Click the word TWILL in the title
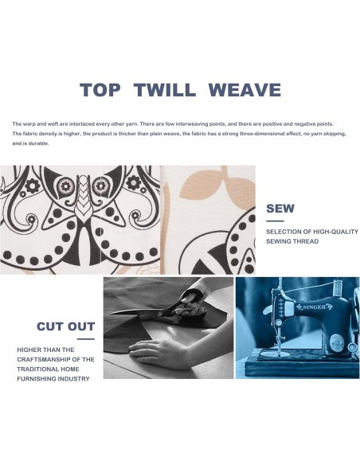pos(165,89)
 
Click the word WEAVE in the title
pos(245,89)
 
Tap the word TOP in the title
pos(100,89)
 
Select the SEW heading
pos(280,209)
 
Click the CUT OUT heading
pos(65,326)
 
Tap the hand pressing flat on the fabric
pos(157,352)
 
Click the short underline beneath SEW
pos(275,221)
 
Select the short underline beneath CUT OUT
pos(86,339)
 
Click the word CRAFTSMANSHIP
pos(44,359)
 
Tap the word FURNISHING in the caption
pos(35,379)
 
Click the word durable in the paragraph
pos(38,143)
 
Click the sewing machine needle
pos(279,343)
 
